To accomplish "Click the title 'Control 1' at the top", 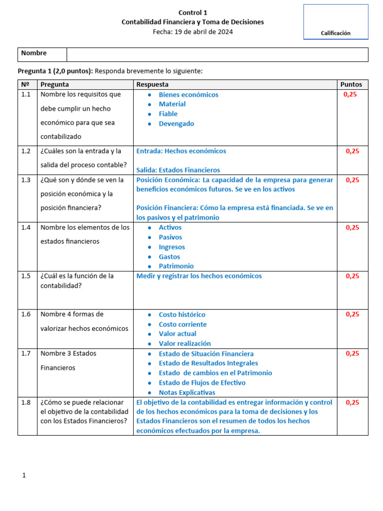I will click(192, 12).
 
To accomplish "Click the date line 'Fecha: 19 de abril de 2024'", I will click(192, 31).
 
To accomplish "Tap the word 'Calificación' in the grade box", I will click(336, 33).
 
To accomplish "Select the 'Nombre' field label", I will click(34, 53).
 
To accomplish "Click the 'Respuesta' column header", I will click(152, 84).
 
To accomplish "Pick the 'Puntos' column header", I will click(351, 84).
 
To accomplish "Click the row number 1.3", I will click(26, 180).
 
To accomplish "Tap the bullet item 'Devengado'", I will click(176, 124).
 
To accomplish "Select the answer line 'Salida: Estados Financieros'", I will click(178, 170).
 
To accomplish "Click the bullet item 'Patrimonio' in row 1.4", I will click(176, 266).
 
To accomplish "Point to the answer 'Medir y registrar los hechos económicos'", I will click(199, 276).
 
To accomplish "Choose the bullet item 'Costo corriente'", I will click(183, 324).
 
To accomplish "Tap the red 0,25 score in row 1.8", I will click(352, 402).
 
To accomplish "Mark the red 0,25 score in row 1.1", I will click(351, 94).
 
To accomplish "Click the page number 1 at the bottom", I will click(23, 476).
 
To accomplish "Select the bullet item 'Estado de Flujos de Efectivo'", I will click(202, 383).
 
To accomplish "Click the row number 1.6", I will click(26, 314).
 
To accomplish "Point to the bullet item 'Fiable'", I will click(168, 114).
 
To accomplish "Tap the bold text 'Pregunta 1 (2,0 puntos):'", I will click(55, 71).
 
